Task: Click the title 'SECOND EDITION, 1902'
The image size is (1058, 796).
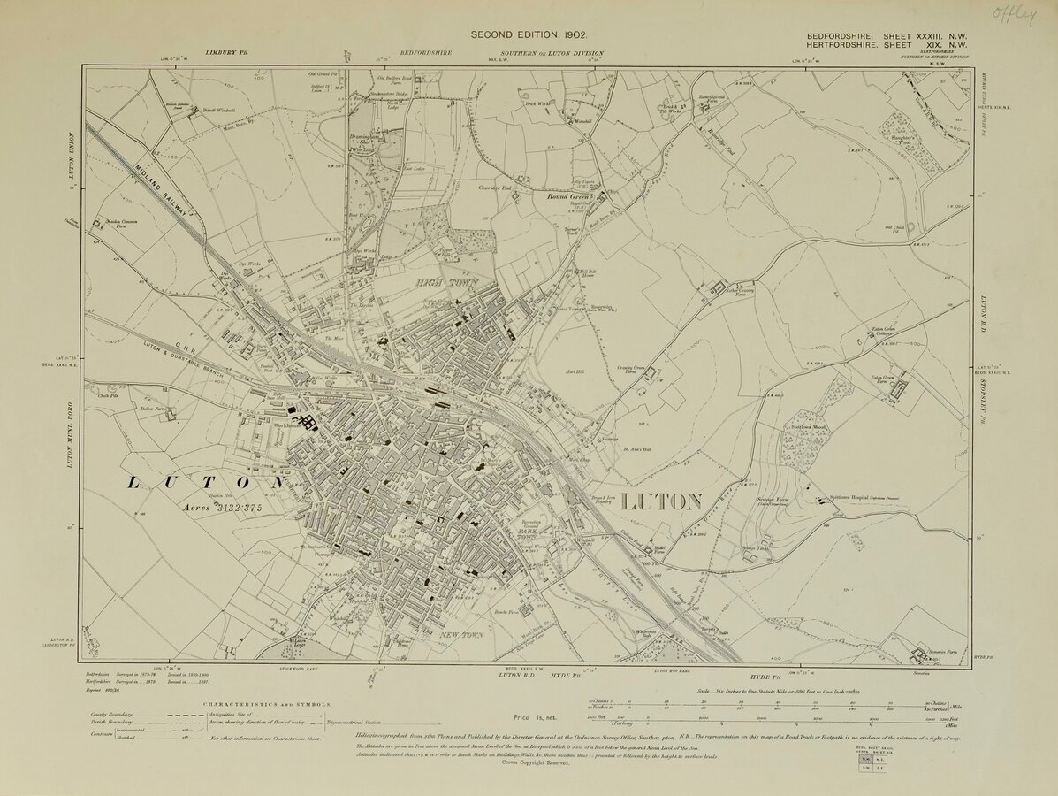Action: coord(528,34)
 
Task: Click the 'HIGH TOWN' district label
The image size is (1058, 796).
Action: coord(448,282)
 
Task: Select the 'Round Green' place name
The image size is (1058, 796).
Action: coord(574,197)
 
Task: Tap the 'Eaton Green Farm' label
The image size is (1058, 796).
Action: coord(885,380)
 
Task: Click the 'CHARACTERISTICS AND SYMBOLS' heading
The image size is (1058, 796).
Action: coord(268,705)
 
